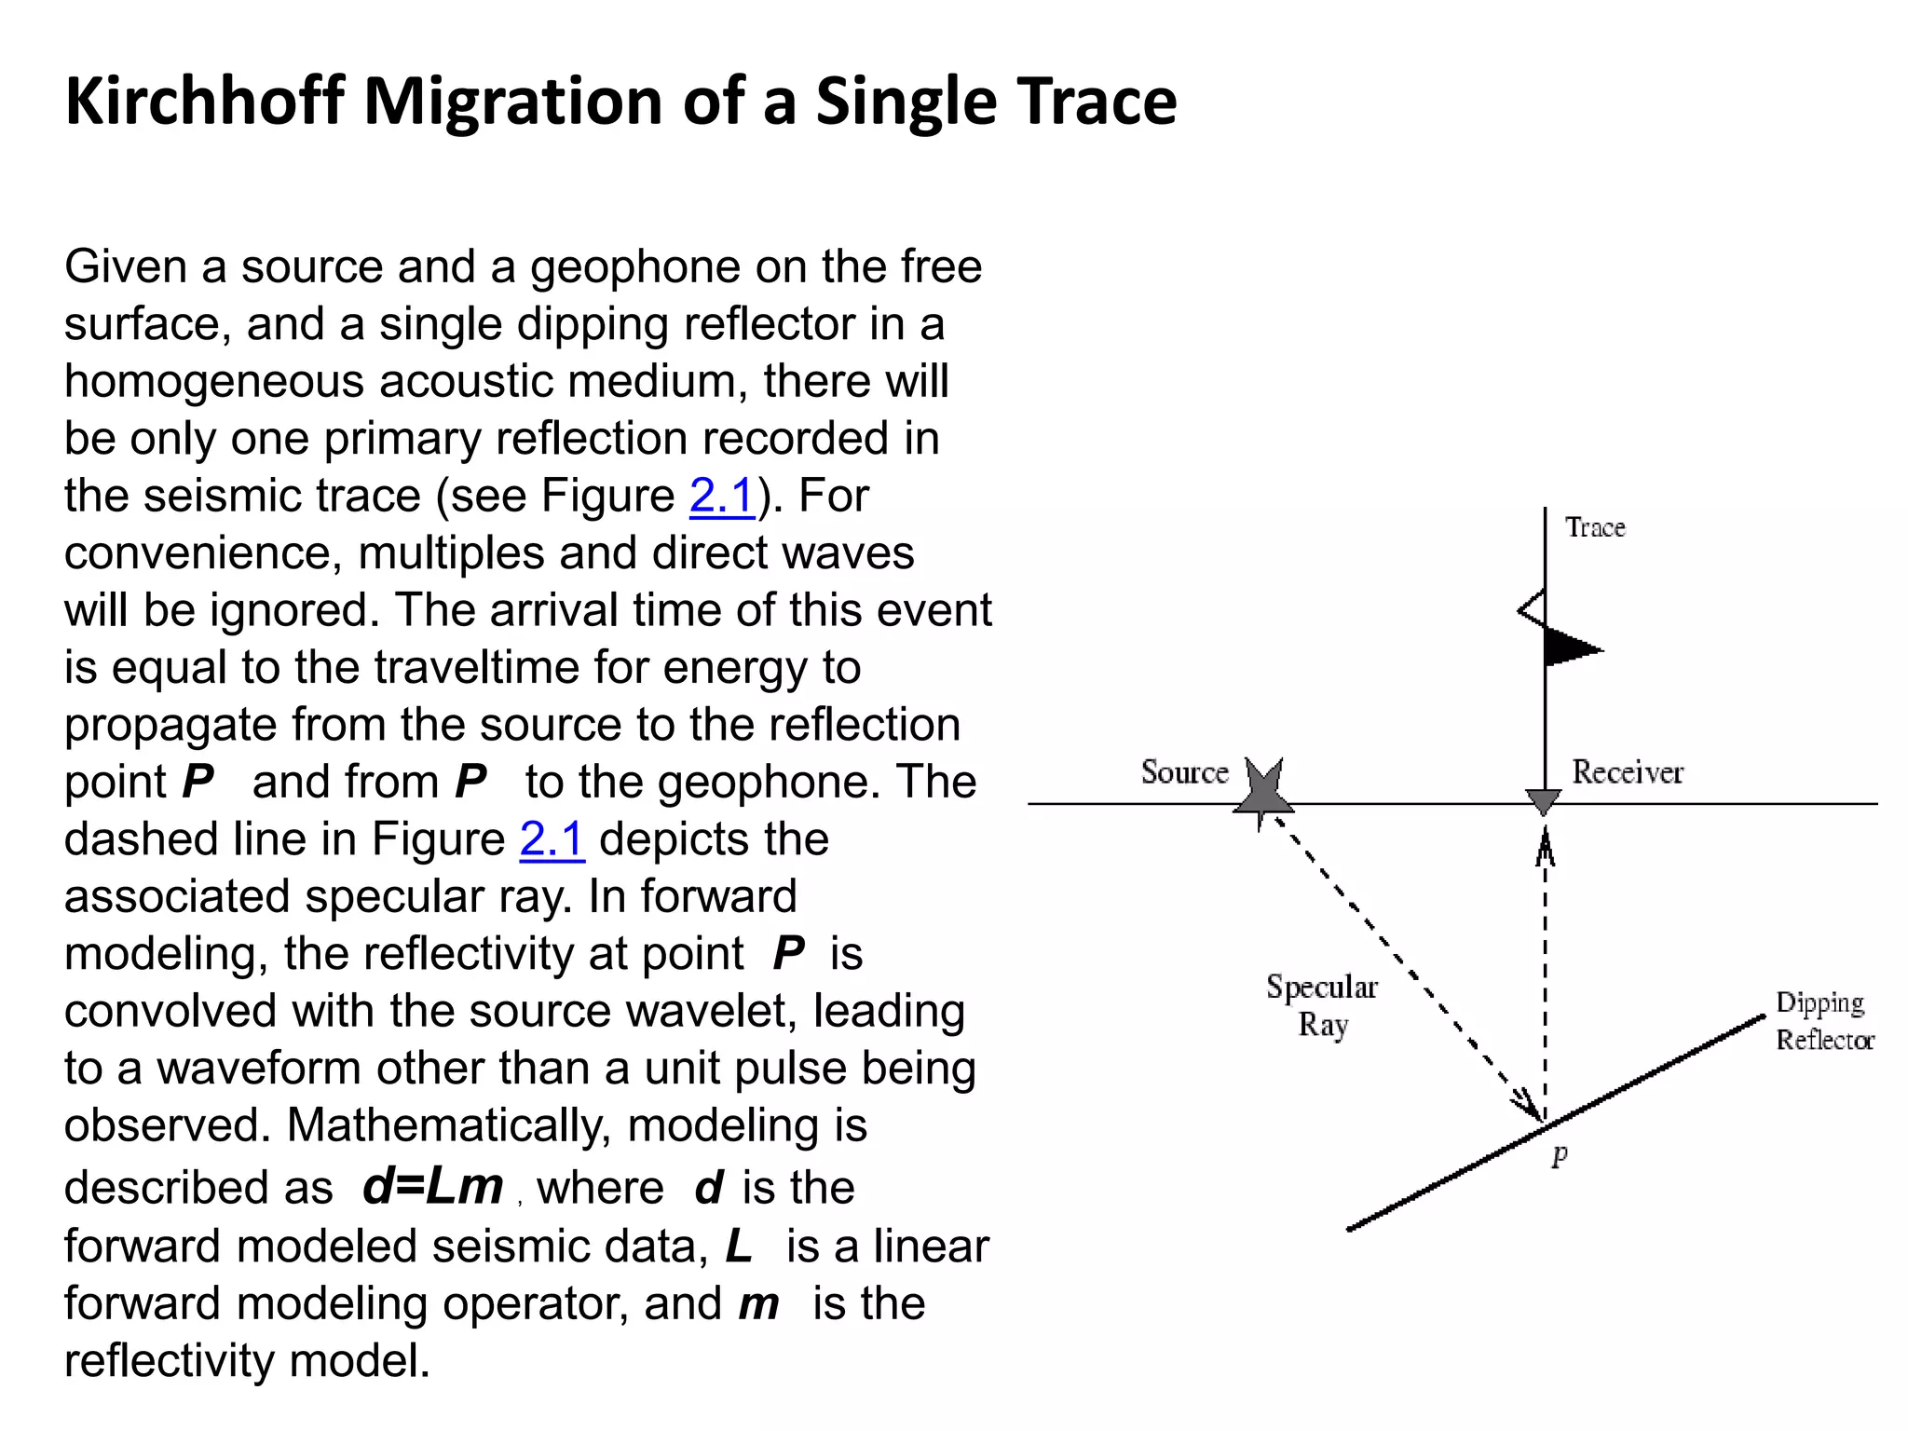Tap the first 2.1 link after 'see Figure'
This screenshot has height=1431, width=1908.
point(722,496)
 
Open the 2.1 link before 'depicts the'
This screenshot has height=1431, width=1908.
point(552,839)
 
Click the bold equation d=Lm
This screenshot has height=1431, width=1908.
point(432,1186)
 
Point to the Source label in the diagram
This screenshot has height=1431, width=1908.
point(1184,772)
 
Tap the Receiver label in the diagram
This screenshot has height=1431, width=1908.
point(1627,772)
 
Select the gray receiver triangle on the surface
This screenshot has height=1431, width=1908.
point(1544,801)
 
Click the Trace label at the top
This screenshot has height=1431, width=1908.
point(1595,527)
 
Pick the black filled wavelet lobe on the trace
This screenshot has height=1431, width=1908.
point(1570,647)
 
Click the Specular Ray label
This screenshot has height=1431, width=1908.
point(1322,1005)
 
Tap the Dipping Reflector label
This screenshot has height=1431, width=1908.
point(1823,1021)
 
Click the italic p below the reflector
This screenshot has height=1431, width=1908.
point(1560,1154)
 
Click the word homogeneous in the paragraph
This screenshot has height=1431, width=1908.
point(213,381)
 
